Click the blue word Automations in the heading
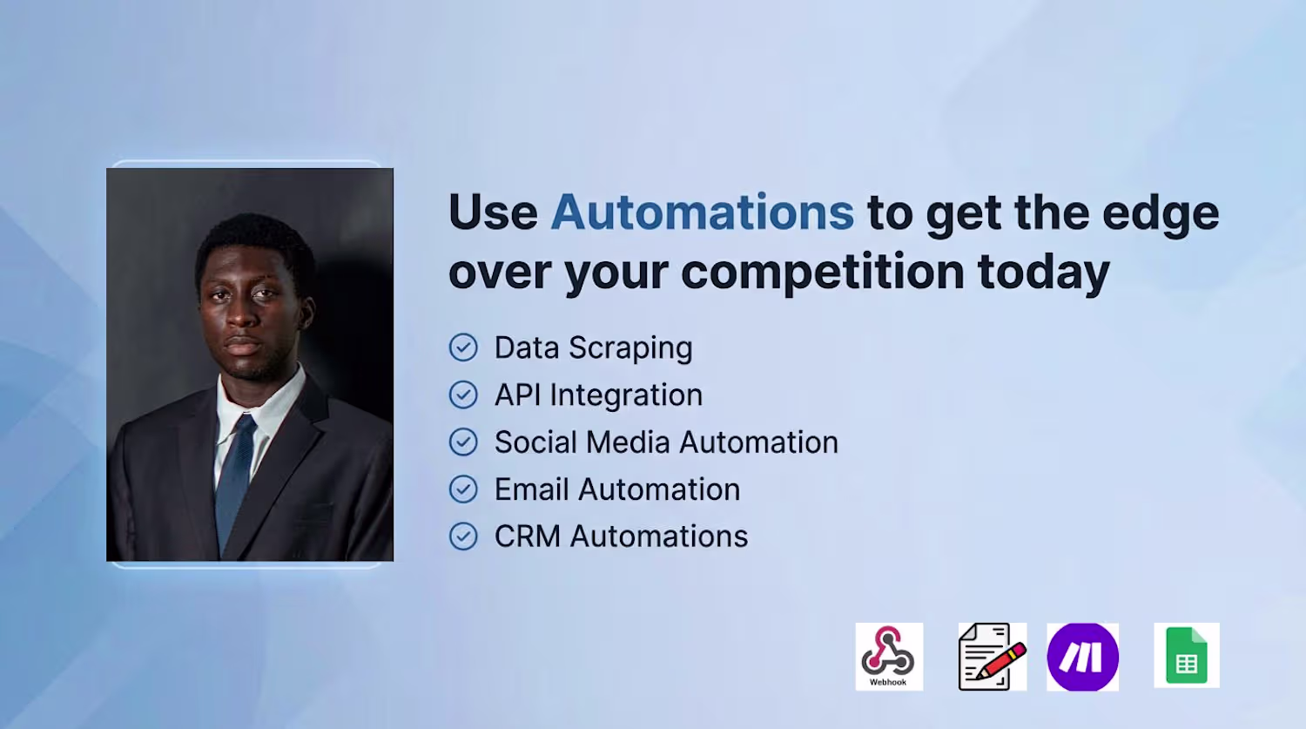tap(702, 212)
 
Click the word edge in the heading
tap(1161, 214)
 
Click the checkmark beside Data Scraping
tap(463, 348)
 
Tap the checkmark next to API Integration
tap(463, 395)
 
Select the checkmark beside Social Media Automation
tap(463, 442)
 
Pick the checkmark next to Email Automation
tap(463, 489)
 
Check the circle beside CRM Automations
tap(463, 537)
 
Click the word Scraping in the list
tap(631, 348)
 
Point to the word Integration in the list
tap(626, 395)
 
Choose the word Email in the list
tap(530, 489)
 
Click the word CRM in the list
tap(528, 537)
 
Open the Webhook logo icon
tap(889, 657)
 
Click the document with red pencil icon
tap(993, 657)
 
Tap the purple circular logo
tap(1083, 657)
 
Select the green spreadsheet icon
tap(1187, 656)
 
